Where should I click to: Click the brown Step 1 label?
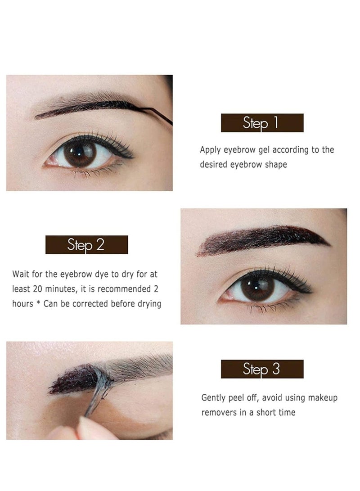tap(262, 123)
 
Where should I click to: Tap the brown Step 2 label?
tap(86, 245)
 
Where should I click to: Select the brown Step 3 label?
tap(262, 369)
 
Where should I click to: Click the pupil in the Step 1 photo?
tap(81, 153)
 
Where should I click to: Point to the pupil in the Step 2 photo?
tap(258, 287)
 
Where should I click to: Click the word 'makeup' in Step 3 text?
tap(321, 398)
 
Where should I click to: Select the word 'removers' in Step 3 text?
tap(218, 413)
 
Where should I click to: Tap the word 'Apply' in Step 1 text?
tap(210, 150)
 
